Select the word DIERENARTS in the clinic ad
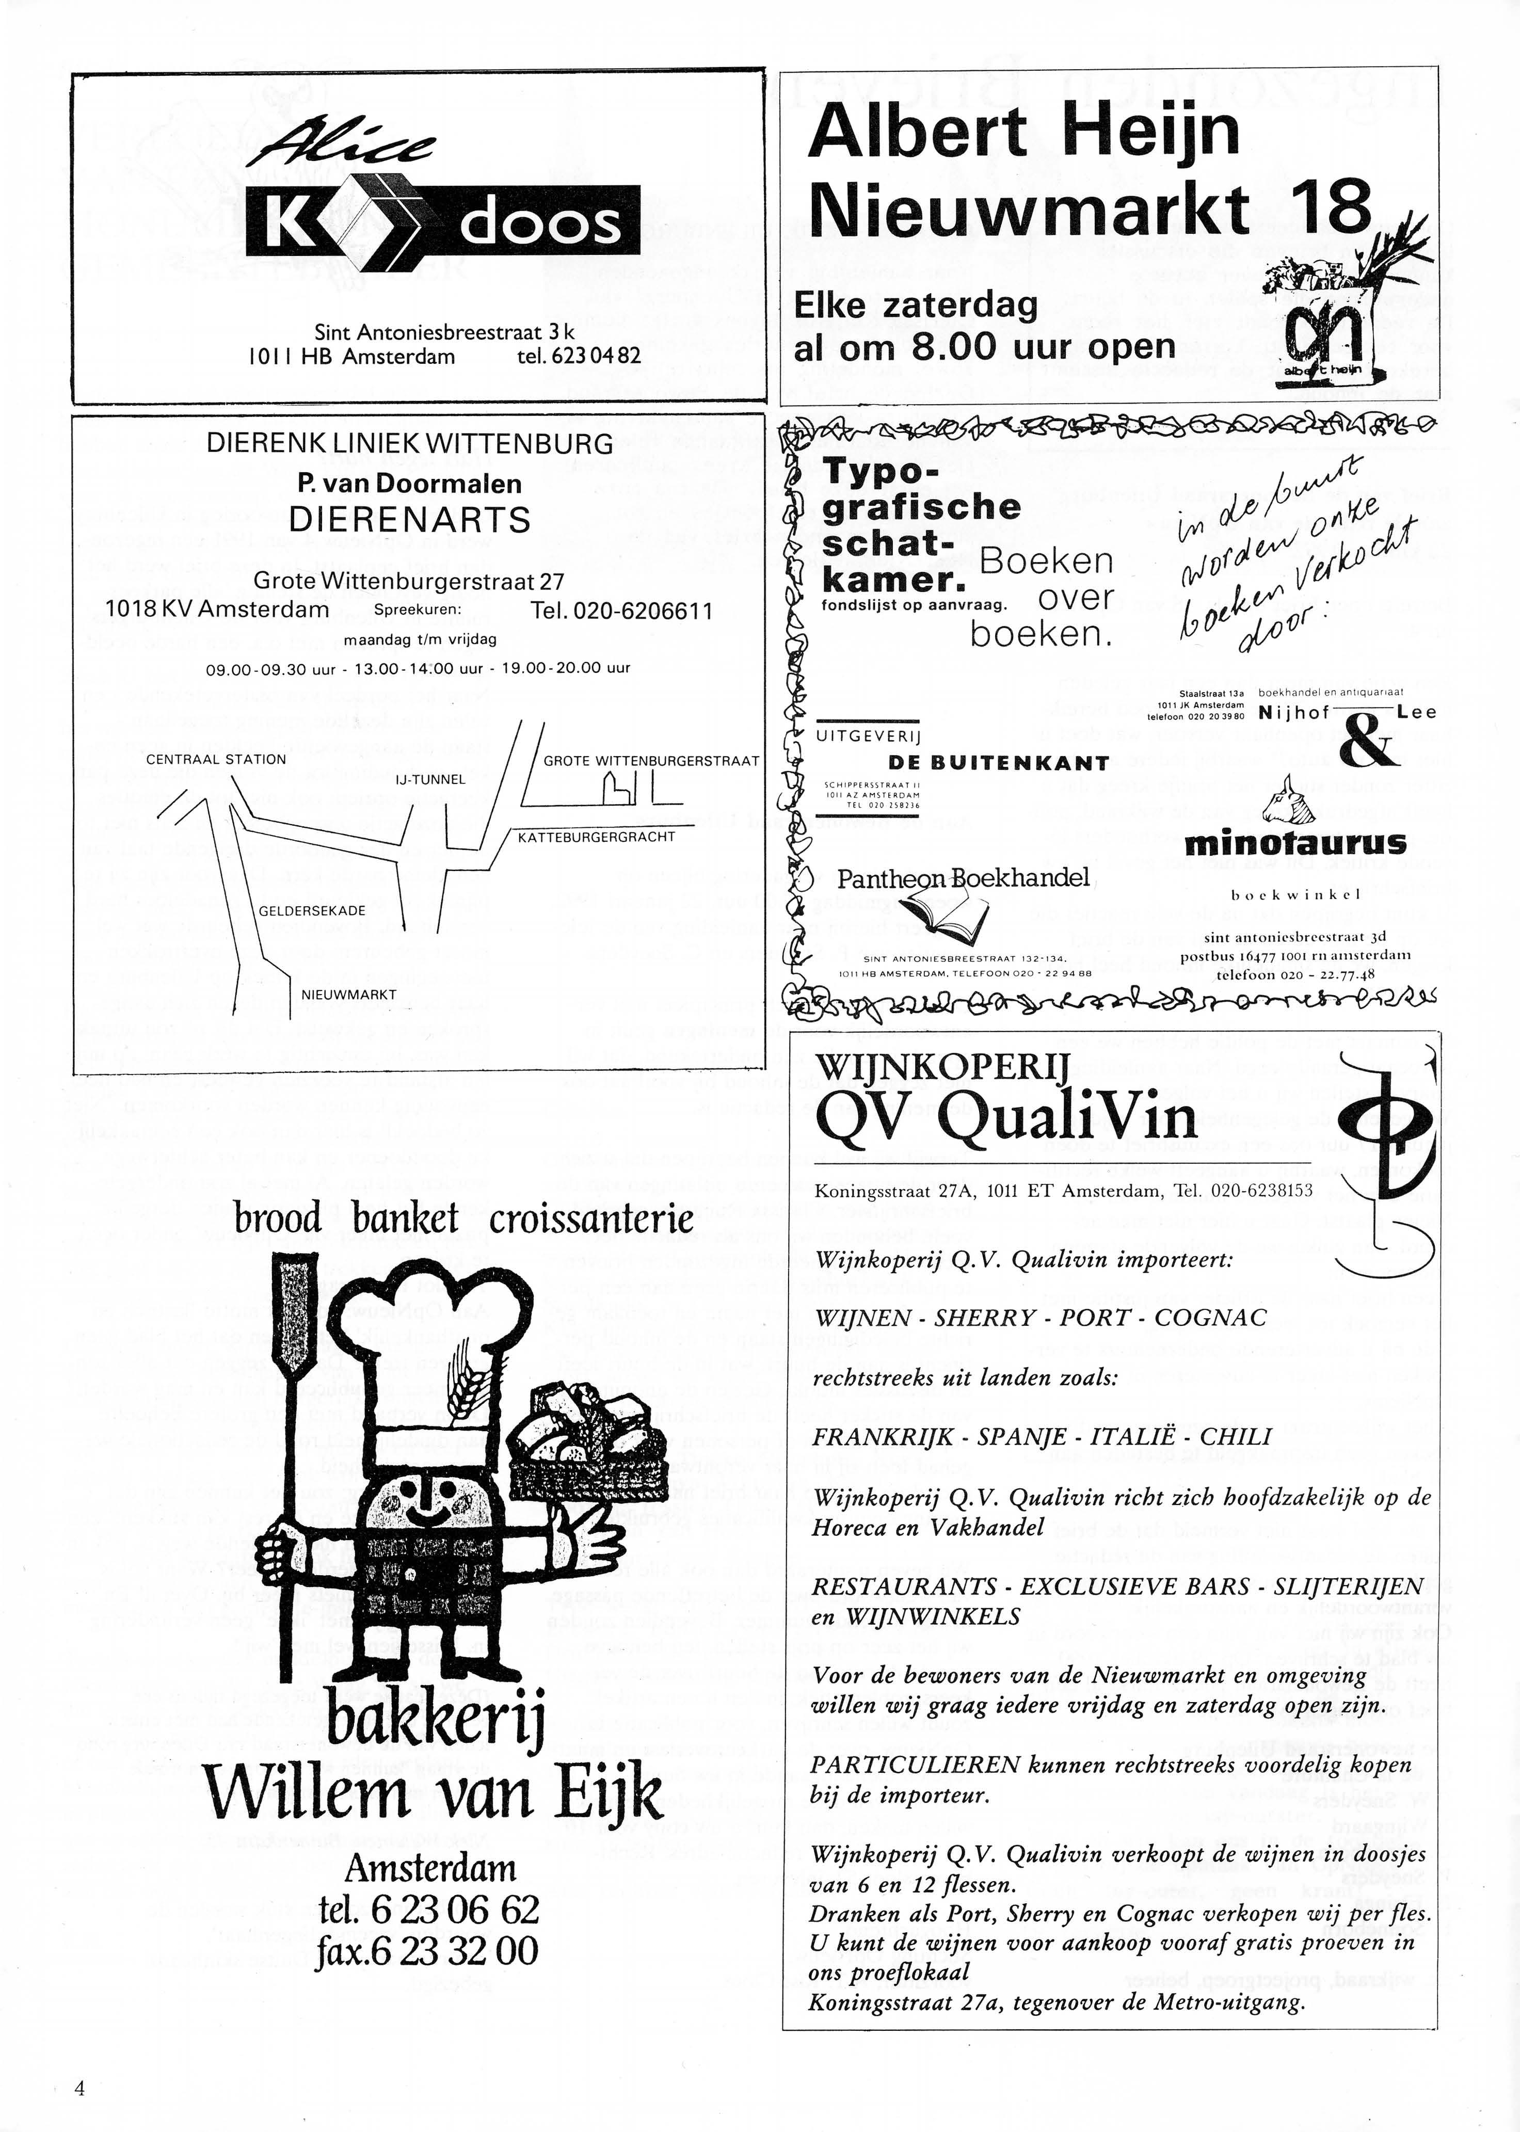tap(409, 519)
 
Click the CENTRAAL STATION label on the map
tap(216, 759)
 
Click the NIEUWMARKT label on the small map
tap(349, 995)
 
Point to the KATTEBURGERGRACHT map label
tap(596, 837)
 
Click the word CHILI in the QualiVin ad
tap(1236, 1437)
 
